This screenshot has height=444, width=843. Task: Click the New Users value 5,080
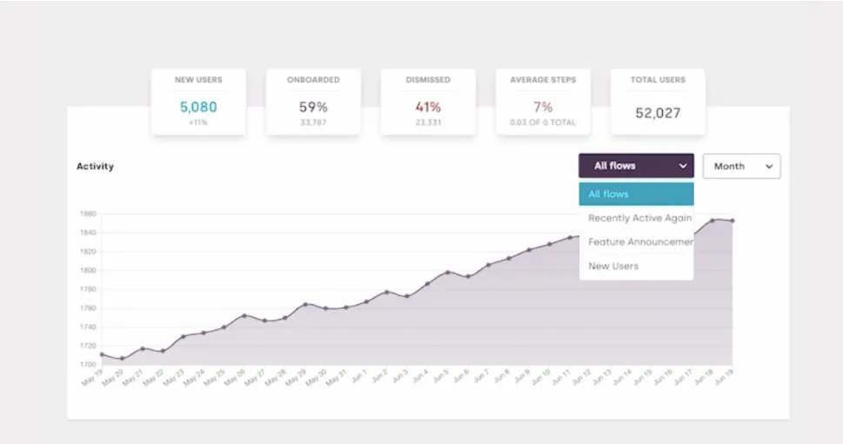click(x=198, y=108)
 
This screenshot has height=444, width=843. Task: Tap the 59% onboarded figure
click(x=313, y=108)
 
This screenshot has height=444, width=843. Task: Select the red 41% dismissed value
click(x=428, y=108)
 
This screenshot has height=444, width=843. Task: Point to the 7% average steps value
click(x=543, y=108)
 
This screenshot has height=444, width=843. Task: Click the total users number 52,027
click(x=658, y=113)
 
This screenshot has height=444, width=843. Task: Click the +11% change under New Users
click(x=198, y=123)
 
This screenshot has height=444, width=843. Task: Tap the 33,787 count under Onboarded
click(x=313, y=123)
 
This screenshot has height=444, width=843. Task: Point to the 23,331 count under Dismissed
click(x=428, y=123)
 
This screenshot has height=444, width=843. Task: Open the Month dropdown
click(x=741, y=166)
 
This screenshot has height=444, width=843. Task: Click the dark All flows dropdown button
click(x=636, y=166)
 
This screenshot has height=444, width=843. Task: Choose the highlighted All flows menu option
click(x=636, y=194)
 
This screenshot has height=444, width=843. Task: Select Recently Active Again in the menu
click(x=639, y=218)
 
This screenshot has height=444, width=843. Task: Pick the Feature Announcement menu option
click(x=639, y=242)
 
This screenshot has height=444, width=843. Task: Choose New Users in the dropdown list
click(x=613, y=266)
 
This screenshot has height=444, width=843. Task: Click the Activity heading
click(x=95, y=166)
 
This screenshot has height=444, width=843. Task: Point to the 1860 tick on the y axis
click(x=87, y=214)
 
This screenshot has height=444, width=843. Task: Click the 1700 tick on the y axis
click(x=87, y=365)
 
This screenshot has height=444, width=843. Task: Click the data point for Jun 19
click(x=733, y=221)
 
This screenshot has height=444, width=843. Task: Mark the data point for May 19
click(x=102, y=355)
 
